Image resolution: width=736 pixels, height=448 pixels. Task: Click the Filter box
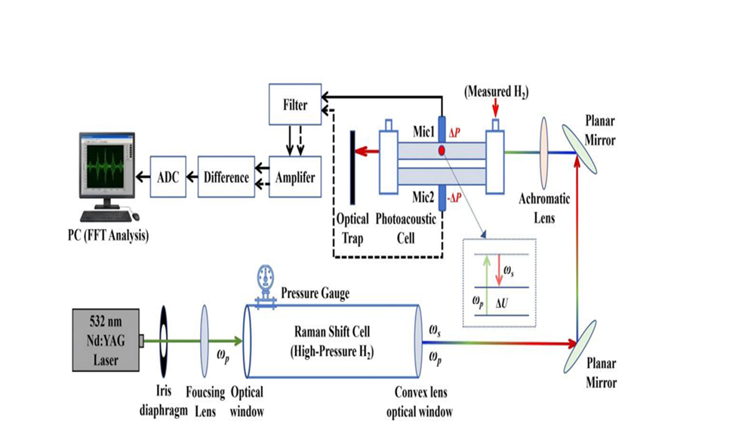click(295, 105)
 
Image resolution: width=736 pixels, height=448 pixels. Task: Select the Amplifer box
click(294, 177)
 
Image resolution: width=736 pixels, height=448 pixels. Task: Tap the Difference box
click(226, 177)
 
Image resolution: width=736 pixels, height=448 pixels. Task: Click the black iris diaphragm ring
click(164, 339)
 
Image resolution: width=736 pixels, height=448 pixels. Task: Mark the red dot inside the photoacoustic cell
click(442, 152)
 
